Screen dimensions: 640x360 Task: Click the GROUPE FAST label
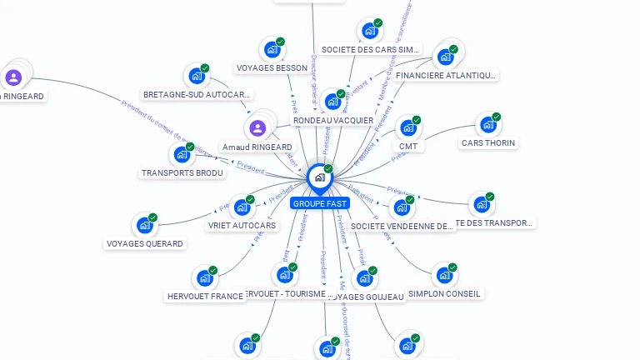[320, 202]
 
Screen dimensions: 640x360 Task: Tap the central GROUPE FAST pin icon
[319, 177]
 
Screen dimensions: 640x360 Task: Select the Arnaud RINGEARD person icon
[257, 128]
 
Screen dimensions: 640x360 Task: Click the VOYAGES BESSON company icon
[272, 49]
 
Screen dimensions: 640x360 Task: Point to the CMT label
[408, 147]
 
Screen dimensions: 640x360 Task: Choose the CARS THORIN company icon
[487, 125]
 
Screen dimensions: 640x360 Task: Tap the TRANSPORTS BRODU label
[182, 173]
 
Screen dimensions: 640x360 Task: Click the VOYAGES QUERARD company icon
[144, 225]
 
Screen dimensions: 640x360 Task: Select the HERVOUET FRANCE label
[205, 296]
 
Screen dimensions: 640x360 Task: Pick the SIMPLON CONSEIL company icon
[443, 274]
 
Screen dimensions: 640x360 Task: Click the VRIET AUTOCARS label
[242, 226]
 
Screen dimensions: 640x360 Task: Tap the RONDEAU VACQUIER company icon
[333, 102]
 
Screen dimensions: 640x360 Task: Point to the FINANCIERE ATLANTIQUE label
[446, 76]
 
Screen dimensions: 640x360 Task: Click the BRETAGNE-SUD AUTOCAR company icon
[197, 76]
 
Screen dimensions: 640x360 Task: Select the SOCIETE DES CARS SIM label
[370, 50]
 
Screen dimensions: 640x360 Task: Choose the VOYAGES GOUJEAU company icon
[365, 277]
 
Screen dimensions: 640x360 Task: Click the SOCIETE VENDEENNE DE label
[402, 226]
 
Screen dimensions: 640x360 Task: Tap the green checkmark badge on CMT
[417, 120]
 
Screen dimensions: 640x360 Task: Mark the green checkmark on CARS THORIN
[497, 117]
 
